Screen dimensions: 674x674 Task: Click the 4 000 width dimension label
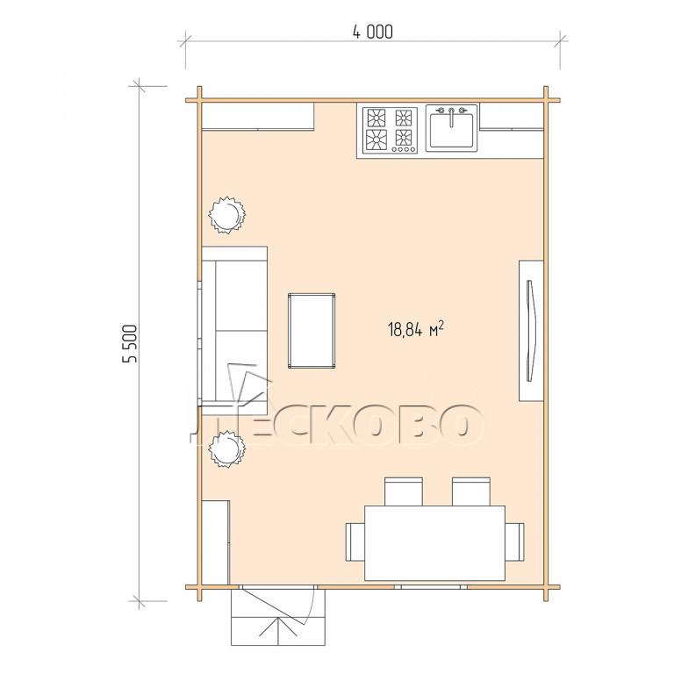point(373,32)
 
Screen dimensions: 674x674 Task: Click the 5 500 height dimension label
point(131,343)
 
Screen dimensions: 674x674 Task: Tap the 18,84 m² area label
point(416,330)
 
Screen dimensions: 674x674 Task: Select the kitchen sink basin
point(451,128)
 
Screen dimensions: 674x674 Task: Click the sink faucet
point(451,117)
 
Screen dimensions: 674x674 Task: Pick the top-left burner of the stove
point(376,117)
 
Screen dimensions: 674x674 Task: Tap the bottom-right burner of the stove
point(404,138)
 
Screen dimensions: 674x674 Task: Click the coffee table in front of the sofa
point(312,331)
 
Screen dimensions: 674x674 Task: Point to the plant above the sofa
point(227,214)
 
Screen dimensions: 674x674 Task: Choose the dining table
point(434,543)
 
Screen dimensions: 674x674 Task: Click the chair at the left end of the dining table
point(355,541)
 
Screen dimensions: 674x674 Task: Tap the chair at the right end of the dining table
point(514,541)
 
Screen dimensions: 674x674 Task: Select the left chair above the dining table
point(403,491)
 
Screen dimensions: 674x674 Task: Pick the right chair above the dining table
point(471,491)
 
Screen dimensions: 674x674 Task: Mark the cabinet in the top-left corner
point(258,116)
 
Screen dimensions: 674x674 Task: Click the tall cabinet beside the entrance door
point(215,542)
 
